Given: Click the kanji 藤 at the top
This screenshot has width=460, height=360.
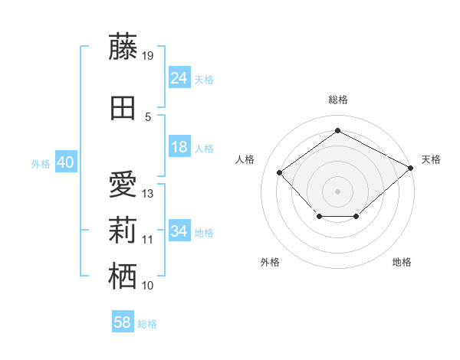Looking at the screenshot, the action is (x=123, y=47).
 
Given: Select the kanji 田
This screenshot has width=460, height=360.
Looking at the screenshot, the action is (x=123, y=108).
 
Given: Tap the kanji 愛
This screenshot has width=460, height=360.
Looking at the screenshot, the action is (x=123, y=184).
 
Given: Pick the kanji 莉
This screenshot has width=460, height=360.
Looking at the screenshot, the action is (x=123, y=230).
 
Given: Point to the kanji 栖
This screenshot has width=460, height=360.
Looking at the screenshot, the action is (x=123, y=276).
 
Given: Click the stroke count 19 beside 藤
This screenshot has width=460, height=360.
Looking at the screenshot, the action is (x=147, y=56).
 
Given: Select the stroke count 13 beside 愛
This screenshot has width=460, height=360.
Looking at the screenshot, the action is (x=147, y=194).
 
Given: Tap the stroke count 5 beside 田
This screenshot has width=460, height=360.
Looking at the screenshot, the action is (x=148, y=117).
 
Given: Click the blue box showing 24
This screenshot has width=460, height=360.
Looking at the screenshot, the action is (x=179, y=77).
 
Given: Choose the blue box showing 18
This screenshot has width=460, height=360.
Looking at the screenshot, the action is (x=179, y=146).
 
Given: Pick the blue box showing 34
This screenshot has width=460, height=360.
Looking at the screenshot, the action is (x=179, y=230).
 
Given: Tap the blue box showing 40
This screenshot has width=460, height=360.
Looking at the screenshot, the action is (x=66, y=162).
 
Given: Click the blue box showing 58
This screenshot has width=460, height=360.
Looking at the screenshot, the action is (x=123, y=321).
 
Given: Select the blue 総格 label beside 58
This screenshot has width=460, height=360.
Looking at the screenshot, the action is (x=147, y=324).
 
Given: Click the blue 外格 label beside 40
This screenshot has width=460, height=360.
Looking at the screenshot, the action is (x=41, y=164).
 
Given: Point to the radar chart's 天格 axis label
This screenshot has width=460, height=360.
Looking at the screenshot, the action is (x=431, y=159).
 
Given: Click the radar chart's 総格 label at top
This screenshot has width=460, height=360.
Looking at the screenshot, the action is (x=338, y=100).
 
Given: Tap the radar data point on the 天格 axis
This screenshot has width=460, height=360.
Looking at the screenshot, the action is (x=410, y=168).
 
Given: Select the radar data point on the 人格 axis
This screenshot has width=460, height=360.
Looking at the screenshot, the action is (x=280, y=172).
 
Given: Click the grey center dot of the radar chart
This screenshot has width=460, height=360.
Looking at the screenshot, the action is (x=337, y=191).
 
